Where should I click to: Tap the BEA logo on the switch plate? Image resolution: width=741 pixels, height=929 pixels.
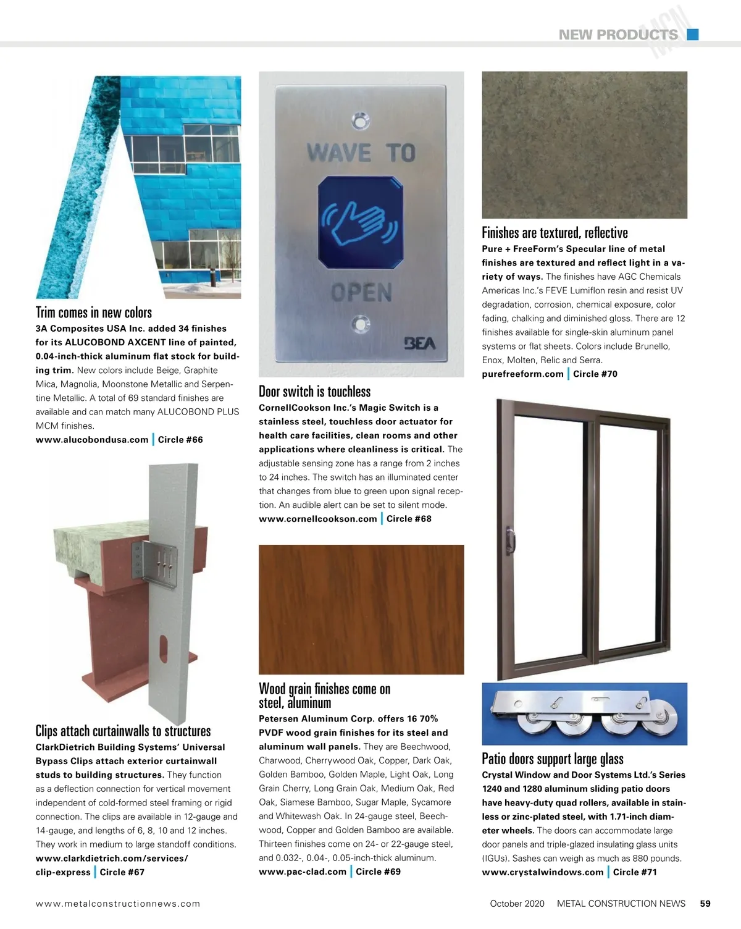pyautogui.click(x=419, y=343)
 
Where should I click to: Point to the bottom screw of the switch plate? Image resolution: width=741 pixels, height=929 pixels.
pyautogui.click(x=361, y=322)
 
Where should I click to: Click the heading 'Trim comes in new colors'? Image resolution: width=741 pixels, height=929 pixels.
pyautogui.click(x=94, y=313)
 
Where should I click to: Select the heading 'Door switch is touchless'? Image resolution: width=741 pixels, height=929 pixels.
pyautogui.click(x=314, y=392)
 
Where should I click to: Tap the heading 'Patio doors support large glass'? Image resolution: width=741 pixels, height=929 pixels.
pyautogui.click(x=553, y=759)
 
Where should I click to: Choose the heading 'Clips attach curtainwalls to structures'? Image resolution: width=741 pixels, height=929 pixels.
pyautogui.click(x=123, y=731)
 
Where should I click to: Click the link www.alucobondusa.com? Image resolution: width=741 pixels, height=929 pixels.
pyautogui.click(x=92, y=440)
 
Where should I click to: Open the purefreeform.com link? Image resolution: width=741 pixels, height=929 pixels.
pyautogui.click(x=522, y=374)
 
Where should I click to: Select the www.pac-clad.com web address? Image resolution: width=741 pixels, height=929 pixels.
pyautogui.click(x=303, y=872)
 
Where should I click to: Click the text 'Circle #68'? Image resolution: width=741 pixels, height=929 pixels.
pyautogui.click(x=409, y=519)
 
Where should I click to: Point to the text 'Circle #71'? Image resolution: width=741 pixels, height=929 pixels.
pyautogui.click(x=635, y=872)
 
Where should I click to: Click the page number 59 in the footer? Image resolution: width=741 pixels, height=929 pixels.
pyautogui.click(x=705, y=904)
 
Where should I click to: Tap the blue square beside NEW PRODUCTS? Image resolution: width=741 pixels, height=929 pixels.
pyautogui.click(x=693, y=35)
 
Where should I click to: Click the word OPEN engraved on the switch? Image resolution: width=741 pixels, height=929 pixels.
pyautogui.click(x=361, y=293)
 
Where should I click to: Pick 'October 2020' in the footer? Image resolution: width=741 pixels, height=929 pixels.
pyautogui.click(x=517, y=904)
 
